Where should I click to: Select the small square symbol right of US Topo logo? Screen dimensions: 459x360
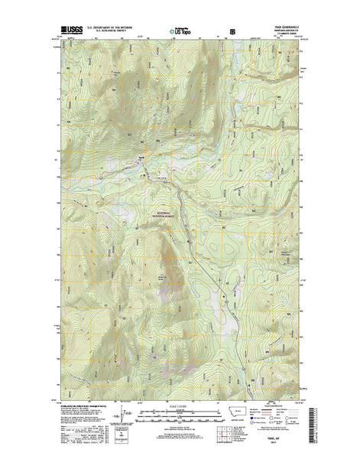click(232, 31)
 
